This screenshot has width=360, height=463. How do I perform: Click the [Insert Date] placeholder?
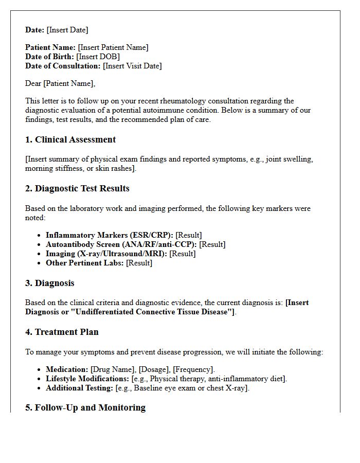[x=67, y=30]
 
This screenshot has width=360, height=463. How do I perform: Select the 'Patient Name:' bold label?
[x=50, y=47]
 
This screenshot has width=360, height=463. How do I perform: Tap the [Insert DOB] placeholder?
[x=98, y=57]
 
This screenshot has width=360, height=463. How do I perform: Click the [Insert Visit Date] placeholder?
[x=132, y=66]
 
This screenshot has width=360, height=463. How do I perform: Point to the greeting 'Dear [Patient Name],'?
[x=60, y=83]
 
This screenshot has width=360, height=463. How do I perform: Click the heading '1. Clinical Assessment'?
[x=70, y=140]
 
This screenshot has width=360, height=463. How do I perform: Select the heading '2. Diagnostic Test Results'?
[x=77, y=189]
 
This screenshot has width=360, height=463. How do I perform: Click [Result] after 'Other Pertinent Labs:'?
[x=139, y=263]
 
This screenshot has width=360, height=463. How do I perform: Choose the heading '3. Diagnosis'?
[x=50, y=283]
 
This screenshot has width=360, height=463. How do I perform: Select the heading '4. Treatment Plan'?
[x=62, y=332]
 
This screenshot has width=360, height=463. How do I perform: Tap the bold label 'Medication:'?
[x=67, y=369]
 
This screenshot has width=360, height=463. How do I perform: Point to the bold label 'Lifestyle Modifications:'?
[x=87, y=379]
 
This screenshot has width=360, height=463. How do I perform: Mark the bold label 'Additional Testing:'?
[x=79, y=388]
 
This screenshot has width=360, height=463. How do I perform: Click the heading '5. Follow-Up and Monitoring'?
[x=85, y=407]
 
